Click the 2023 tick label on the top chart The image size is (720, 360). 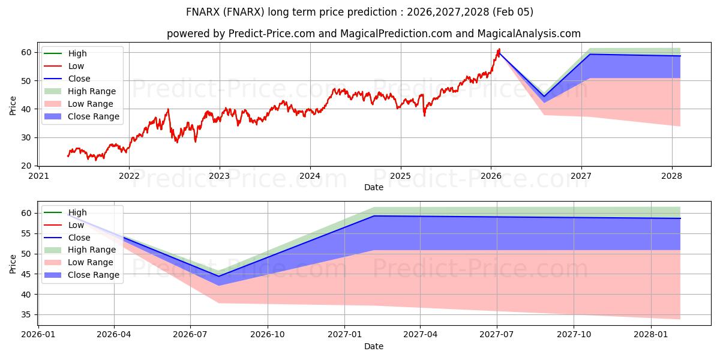tap(219, 176)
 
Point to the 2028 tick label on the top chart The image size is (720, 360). tap(672, 176)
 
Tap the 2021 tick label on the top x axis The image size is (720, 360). tap(38, 176)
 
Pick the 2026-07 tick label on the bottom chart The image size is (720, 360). tap(190, 335)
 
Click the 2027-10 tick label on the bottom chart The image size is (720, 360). tap(574, 335)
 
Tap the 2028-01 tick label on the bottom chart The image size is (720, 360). tap(651, 335)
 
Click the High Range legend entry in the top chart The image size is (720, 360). tap(92, 91)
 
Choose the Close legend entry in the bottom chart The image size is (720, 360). tap(79, 238)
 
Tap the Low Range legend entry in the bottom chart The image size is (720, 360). tap(91, 262)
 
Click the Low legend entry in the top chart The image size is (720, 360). tap(76, 66)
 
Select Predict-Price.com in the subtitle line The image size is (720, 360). tap(272, 34)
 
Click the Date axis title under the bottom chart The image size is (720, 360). tap(373, 346)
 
